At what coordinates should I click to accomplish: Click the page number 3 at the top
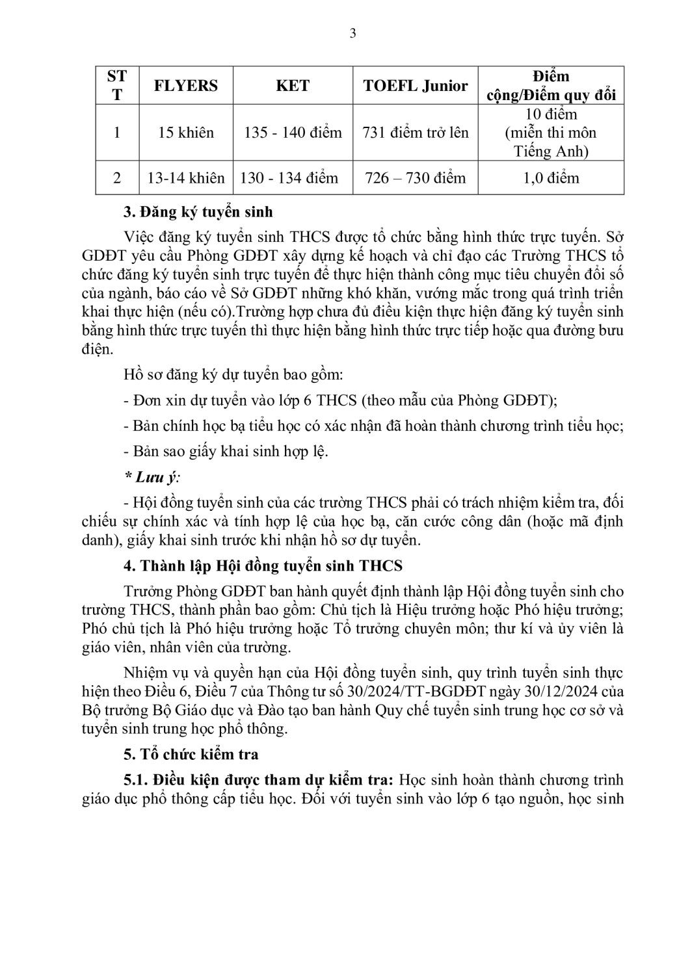(x=352, y=34)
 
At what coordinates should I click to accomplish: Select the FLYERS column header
(x=185, y=86)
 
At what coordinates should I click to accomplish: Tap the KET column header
(x=293, y=86)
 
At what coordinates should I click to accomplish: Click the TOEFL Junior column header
(x=415, y=86)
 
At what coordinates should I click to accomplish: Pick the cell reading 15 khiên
(x=185, y=133)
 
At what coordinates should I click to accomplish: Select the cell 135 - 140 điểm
(x=293, y=133)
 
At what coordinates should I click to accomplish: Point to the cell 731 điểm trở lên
(x=415, y=133)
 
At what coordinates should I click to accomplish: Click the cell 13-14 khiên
(x=185, y=177)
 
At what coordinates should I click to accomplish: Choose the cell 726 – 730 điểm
(x=415, y=177)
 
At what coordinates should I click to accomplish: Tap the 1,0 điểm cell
(x=551, y=177)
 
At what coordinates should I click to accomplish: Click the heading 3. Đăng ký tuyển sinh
(x=198, y=212)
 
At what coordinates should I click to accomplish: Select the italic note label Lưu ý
(x=153, y=477)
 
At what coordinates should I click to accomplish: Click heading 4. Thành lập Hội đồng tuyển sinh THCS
(x=263, y=565)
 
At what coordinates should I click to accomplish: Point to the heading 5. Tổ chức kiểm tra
(x=191, y=754)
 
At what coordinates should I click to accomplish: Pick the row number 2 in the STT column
(x=117, y=177)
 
